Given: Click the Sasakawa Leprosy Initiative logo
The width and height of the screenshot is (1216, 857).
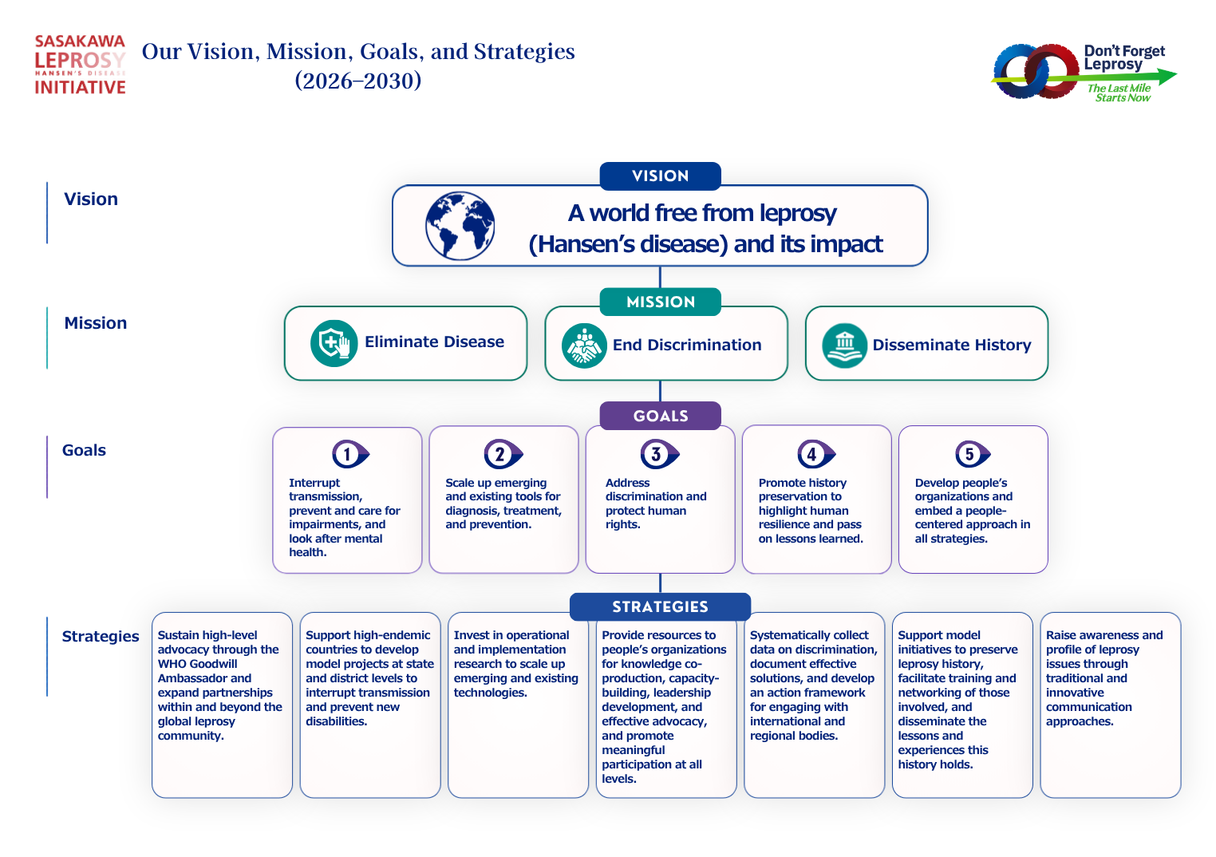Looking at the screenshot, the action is (x=81, y=65).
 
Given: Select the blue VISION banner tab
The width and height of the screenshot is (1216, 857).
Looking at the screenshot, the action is (x=660, y=176).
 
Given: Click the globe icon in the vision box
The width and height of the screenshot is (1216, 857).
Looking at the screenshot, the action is (x=460, y=226).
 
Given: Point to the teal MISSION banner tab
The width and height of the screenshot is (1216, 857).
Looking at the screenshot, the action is (x=660, y=302).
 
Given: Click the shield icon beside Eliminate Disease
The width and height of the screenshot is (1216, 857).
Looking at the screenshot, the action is (x=334, y=343).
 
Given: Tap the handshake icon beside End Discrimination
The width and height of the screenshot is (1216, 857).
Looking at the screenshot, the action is (x=584, y=346).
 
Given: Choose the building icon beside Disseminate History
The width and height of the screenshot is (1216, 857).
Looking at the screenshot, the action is (x=845, y=346).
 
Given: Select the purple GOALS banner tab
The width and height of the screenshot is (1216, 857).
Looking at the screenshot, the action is (x=660, y=416).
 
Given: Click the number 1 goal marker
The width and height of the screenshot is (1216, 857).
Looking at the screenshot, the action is (x=350, y=454).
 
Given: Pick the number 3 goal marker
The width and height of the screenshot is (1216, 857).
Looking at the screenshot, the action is (x=659, y=454).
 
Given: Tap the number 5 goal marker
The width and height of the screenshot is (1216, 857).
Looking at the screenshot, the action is (x=973, y=454).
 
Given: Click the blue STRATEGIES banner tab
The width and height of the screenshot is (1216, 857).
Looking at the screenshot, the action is (x=660, y=606).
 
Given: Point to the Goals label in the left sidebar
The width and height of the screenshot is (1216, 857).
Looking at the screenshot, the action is (x=84, y=451).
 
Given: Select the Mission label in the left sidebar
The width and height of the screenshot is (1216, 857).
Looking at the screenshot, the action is (x=96, y=323).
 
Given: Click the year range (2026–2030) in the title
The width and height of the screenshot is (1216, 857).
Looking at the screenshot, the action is (x=357, y=81).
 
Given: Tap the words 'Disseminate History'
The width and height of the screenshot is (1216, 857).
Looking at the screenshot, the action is (x=952, y=346).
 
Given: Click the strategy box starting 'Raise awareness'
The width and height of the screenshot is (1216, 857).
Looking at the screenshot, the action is (x=1110, y=705).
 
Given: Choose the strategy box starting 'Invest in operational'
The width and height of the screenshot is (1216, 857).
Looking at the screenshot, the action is (x=518, y=705).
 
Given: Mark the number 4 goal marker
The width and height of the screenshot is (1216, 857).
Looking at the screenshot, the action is (x=816, y=454).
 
